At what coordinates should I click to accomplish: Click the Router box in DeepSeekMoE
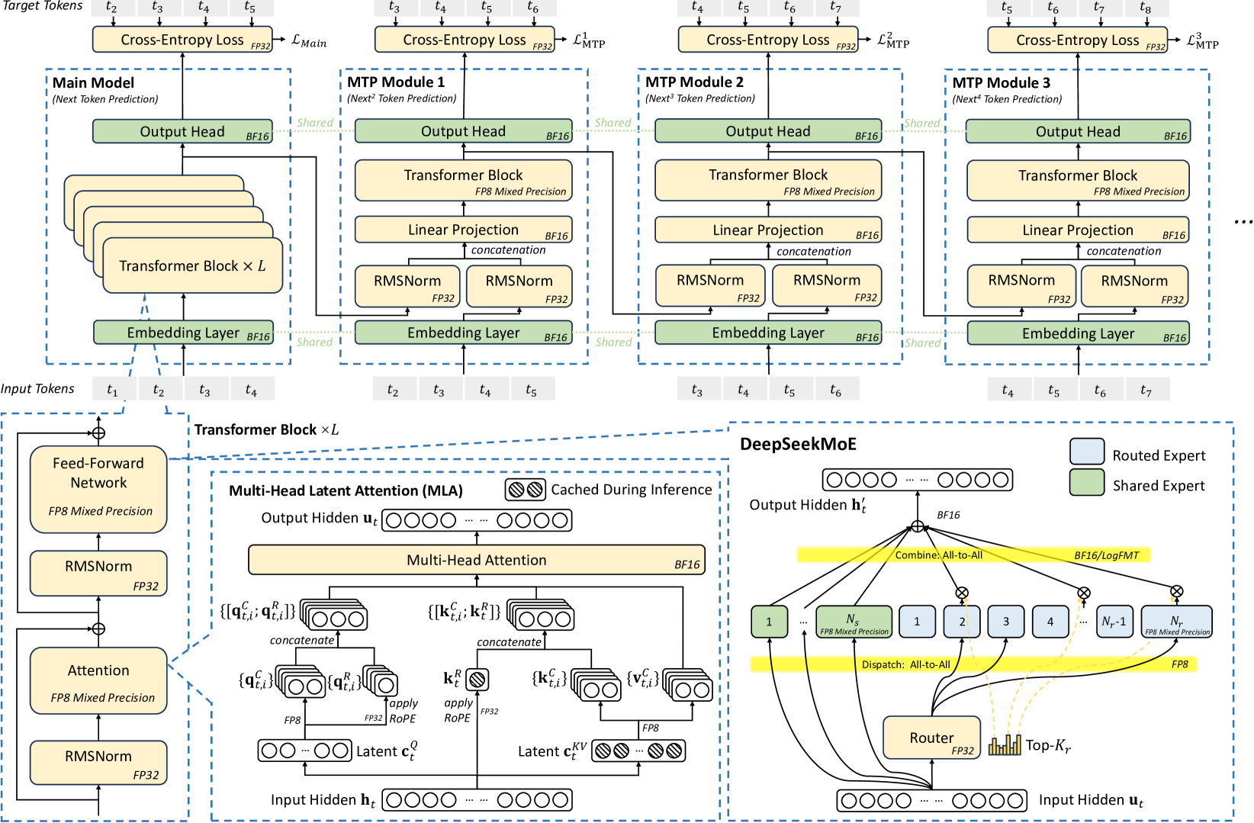(931, 738)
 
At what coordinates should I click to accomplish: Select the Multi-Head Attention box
(477, 560)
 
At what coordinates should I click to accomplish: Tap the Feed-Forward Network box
(98, 489)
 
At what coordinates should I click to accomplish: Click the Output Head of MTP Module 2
(768, 131)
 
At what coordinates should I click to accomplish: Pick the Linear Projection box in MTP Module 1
(464, 230)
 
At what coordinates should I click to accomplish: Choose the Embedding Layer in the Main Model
(183, 333)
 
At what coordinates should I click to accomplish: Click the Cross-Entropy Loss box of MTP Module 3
(1078, 40)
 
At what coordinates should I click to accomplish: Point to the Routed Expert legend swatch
(1087, 452)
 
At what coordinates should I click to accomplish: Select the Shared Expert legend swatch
(1087, 483)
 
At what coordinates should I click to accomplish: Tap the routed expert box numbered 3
(1006, 622)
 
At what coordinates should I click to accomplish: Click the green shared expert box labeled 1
(769, 622)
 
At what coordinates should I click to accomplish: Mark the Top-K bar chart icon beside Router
(1005, 744)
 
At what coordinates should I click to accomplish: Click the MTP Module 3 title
(1001, 83)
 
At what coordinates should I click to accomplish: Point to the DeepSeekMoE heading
(799, 444)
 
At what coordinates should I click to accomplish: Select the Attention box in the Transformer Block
(98, 681)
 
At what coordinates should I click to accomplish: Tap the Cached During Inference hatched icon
(525, 490)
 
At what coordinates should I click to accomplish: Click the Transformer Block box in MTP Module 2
(768, 180)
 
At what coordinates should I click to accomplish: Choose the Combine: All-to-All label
(939, 555)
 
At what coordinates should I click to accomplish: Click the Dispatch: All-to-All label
(905, 664)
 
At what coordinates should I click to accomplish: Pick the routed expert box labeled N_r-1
(1114, 622)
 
